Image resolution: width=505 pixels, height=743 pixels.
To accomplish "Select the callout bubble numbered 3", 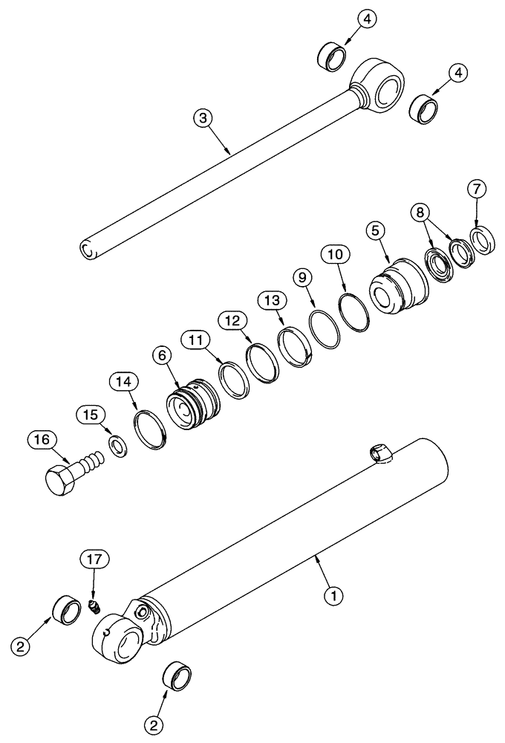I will click(x=201, y=117).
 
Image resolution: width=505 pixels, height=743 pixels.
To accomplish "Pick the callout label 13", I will click(x=271, y=301).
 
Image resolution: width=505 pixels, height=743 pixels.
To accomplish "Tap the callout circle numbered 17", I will click(x=97, y=558).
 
